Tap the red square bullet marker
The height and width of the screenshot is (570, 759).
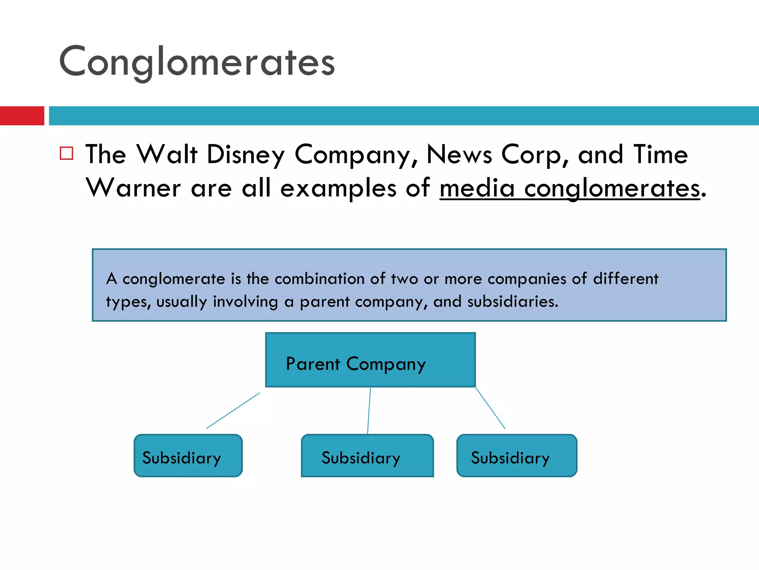[66, 153]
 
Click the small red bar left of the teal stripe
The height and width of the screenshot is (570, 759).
[22, 116]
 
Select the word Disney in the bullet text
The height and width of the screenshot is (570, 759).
[245, 154]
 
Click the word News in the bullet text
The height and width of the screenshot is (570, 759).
[459, 154]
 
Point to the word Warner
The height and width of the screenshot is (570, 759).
[133, 188]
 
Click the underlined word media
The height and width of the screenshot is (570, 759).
[477, 188]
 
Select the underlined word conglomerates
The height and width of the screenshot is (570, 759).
[612, 188]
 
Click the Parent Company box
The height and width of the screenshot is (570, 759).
[370, 360]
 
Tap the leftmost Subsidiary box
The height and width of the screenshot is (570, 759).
[188, 456]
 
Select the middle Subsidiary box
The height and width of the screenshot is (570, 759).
[367, 456]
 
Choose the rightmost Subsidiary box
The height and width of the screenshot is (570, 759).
[517, 456]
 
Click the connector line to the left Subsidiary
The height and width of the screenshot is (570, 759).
[233, 410]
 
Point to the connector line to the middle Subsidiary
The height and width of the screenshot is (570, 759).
[369, 410]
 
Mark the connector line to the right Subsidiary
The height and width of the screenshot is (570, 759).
[490, 408]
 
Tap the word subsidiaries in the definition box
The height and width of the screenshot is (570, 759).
[512, 302]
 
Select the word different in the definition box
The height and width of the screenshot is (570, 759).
[626, 279]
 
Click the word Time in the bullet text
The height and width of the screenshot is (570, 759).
[660, 154]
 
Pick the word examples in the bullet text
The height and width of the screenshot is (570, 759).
[338, 188]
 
